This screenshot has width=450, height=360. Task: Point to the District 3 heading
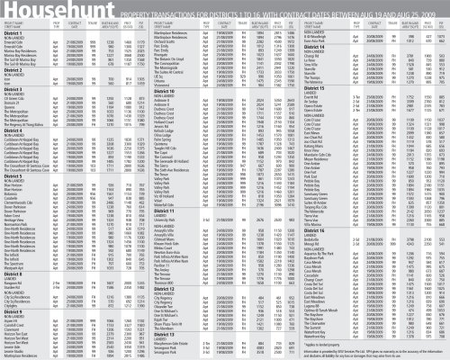(x=14, y=89)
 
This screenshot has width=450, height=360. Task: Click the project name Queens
(x=13, y=113)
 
